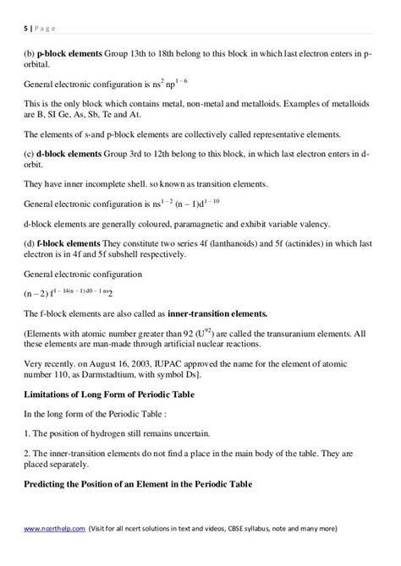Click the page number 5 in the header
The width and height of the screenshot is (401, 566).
(25, 26)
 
